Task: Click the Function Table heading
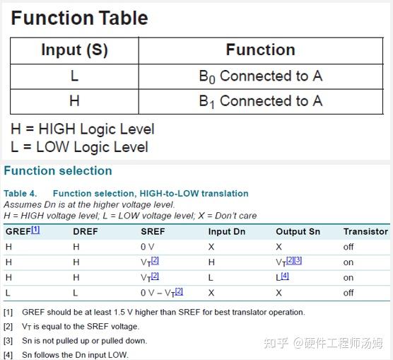[79, 18]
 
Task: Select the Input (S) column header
[74, 50]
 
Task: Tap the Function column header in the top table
[260, 50]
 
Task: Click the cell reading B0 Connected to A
[260, 76]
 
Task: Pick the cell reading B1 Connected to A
[260, 102]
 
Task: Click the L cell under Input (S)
[74, 76]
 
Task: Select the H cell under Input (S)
[74, 102]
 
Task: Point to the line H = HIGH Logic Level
[82, 129]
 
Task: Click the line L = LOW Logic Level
[79, 147]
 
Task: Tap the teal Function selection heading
[58, 170]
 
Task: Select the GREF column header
[22, 231]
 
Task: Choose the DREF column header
[86, 231]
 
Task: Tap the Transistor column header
[365, 231]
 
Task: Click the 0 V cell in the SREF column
[148, 247]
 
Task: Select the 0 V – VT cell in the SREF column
[162, 292]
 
